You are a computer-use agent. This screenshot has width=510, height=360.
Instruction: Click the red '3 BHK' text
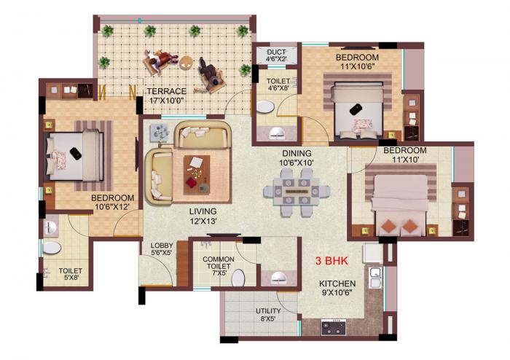[330, 260]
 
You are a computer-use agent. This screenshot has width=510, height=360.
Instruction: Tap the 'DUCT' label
[277, 52]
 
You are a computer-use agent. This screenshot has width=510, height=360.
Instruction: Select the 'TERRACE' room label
[165, 91]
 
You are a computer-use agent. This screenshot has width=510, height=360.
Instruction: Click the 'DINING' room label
[298, 153]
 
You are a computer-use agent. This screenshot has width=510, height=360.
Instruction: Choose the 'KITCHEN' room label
[337, 284]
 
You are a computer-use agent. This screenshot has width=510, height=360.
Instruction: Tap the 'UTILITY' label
[268, 311]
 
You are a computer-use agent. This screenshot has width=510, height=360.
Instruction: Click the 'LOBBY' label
[161, 246]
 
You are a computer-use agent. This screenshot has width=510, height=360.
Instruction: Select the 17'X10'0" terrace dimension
[165, 101]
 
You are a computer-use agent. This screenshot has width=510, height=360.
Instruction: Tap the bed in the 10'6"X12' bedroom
[76, 154]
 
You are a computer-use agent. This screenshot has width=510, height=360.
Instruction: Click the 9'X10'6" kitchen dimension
[337, 294]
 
